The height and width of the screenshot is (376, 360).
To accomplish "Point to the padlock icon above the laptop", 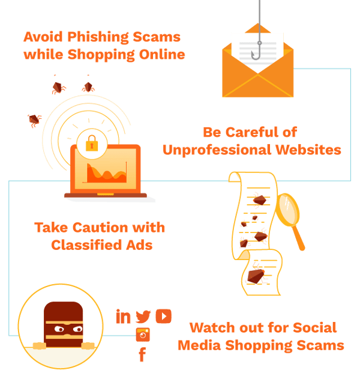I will (x=92, y=143).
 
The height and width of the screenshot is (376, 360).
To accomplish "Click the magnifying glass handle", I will (x=299, y=238).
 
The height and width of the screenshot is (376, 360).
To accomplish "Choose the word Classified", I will (x=87, y=245).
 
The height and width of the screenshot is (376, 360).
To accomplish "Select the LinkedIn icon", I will (x=124, y=317).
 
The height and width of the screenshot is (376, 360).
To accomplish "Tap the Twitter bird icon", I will (x=143, y=317).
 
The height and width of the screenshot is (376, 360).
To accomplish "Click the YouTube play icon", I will (x=163, y=317).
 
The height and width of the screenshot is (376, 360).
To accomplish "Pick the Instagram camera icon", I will (x=143, y=335).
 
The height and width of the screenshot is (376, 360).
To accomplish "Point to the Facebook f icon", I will (x=142, y=354).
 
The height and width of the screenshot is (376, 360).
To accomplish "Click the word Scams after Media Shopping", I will (x=321, y=345).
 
